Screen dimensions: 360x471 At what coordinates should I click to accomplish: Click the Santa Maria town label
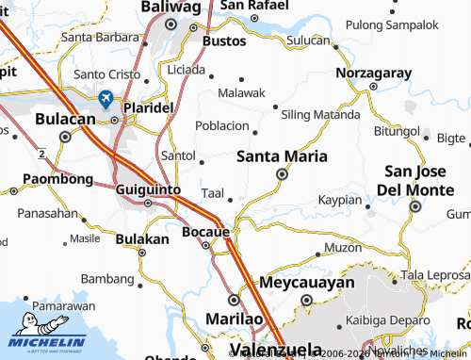click(x=282, y=155)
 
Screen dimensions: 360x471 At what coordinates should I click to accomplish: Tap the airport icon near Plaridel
click(x=106, y=98)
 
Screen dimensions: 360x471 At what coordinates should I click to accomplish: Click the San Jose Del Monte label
click(x=421, y=180)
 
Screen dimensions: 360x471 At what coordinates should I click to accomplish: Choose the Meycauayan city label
click(x=307, y=282)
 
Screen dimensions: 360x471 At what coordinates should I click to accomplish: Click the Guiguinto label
click(x=148, y=188)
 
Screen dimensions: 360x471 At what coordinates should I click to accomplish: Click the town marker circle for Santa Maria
click(x=282, y=174)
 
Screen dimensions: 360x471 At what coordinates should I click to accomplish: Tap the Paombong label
click(x=57, y=178)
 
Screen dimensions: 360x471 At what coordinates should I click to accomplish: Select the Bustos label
click(x=224, y=42)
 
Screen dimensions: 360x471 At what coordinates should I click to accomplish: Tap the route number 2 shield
click(x=42, y=151)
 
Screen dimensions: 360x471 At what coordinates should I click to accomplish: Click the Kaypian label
click(x=339, y=200)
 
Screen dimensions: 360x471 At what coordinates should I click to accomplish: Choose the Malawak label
click(x=242, y=92)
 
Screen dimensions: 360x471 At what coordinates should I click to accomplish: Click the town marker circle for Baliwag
click(x=171, y=25)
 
